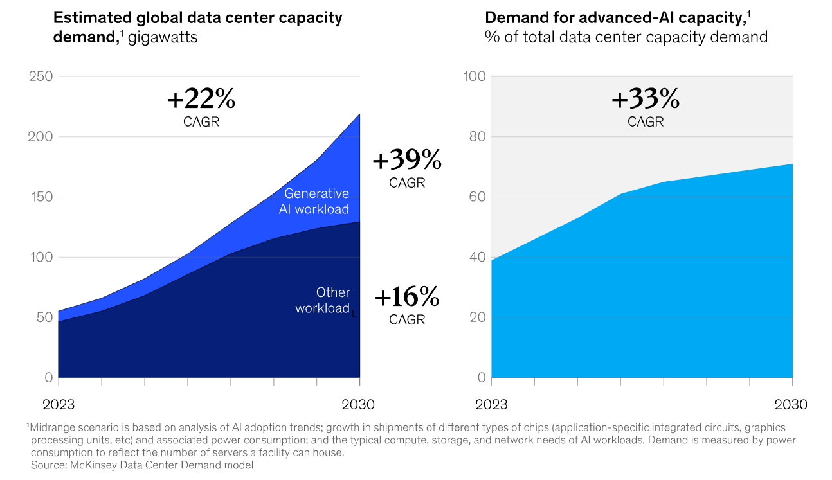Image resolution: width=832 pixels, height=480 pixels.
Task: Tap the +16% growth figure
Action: tap(407, 298)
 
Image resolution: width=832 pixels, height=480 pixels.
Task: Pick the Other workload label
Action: tap(323, 300)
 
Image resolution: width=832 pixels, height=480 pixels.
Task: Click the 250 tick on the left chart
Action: tap(41, 76)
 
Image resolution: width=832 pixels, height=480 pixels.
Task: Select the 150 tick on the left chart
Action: tap(41, 197)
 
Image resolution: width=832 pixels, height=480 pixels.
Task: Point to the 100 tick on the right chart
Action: tap(474, 76)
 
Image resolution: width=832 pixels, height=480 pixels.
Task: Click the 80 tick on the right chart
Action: tap(476, 137)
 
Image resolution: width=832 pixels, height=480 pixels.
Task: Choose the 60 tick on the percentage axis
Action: tap(476, 197)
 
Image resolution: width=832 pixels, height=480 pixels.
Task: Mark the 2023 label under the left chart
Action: tap(59, 405)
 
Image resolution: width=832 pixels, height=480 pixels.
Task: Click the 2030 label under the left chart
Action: tap(359, 405)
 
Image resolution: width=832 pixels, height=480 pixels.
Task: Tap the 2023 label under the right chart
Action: tap(491, 405)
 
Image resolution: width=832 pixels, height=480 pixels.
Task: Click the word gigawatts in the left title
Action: tap(163, 37)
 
